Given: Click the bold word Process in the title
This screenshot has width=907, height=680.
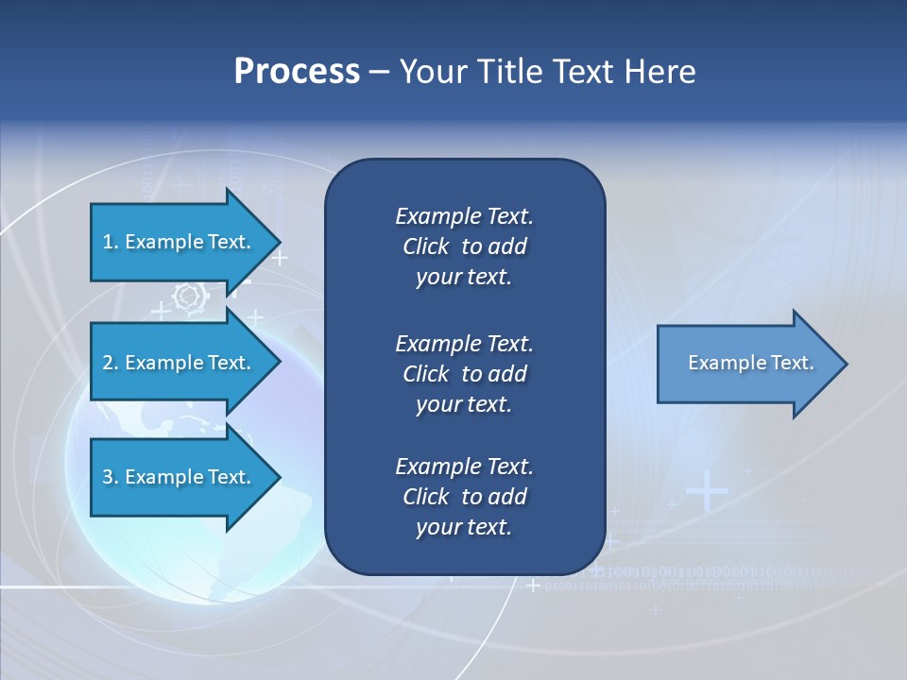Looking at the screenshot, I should click(297, 72).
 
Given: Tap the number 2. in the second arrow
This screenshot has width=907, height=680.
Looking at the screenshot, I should click(110, 363).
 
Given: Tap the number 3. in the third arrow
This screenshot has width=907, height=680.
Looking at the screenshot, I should click(110, 477).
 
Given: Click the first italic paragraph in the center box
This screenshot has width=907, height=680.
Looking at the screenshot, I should click(464, 246).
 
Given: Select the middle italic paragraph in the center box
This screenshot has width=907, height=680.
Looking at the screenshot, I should click(464, 374).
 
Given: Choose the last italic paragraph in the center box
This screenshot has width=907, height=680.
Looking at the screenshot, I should click(464, 497).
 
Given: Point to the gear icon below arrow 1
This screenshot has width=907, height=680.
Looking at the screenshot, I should click(190, 297).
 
